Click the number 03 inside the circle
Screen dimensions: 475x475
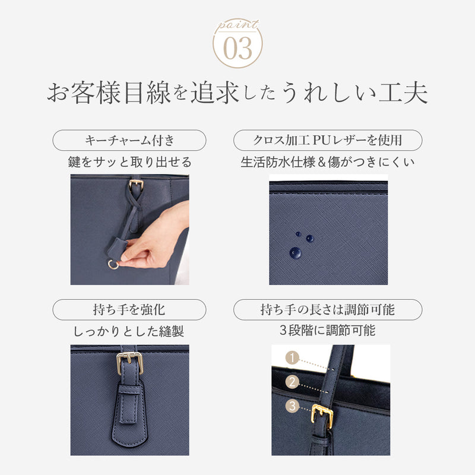coord(237,47)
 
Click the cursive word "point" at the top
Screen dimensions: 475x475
coord(237,24)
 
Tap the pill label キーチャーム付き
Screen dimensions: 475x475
coord(130,140)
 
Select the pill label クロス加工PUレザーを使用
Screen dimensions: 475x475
coord(328,140)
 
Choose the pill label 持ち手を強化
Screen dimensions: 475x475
coord(129,309)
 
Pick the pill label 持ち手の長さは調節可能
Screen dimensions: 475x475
coord(328,309)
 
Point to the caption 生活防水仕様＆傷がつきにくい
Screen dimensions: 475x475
coord(328,161)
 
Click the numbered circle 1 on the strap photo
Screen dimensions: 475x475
coord(291,358)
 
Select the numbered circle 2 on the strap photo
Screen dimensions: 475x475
coord(291,382)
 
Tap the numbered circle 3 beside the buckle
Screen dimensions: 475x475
coord(291,407)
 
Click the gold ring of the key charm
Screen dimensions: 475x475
coord(113,264)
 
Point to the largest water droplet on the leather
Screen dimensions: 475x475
coord(295,252)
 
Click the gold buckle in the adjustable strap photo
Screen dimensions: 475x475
coord(322,414)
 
